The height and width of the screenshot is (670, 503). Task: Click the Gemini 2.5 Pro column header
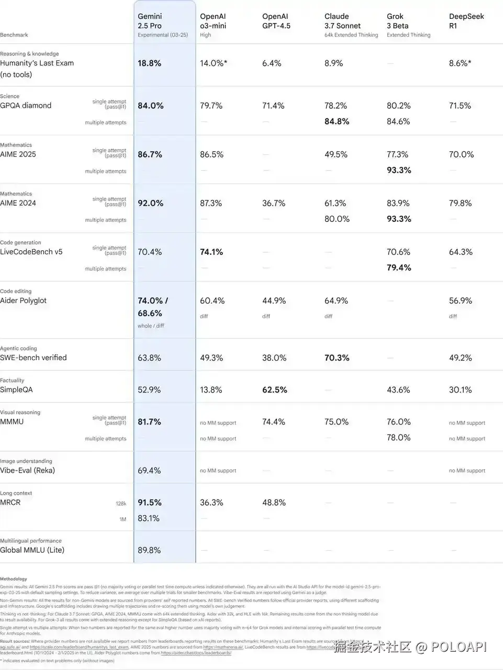coord(150,21)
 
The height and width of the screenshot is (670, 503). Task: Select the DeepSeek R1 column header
coord(466,21)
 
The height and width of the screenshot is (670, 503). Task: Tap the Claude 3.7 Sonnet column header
coord(342,21)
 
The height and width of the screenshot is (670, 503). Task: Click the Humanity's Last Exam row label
coord(37,63)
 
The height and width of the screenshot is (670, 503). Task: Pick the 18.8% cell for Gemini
coord(149,63)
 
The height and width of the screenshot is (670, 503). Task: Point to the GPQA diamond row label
coord(26,106)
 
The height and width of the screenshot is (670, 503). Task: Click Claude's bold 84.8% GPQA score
coord(337,121)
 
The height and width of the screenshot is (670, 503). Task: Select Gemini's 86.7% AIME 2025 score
coord(150,154)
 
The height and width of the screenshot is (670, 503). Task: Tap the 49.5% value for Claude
coord(336,154)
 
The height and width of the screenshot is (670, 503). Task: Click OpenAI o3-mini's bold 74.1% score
coord(211,252)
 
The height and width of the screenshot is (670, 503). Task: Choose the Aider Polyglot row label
coord(23,301)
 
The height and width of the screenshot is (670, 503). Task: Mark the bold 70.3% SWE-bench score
coord(337,358)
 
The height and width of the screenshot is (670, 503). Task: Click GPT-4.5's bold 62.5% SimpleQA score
coord(274,390)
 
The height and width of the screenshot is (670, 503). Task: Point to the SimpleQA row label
coord(16,390)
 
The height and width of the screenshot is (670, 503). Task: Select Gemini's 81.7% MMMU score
coord(149,422)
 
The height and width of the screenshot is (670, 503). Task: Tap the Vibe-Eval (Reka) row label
coord(27,471)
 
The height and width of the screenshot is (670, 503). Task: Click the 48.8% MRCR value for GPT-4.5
coord(274,502)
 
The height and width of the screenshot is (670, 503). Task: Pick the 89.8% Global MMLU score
coord(149,550)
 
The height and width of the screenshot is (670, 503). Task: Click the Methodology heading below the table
coord(14,579)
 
